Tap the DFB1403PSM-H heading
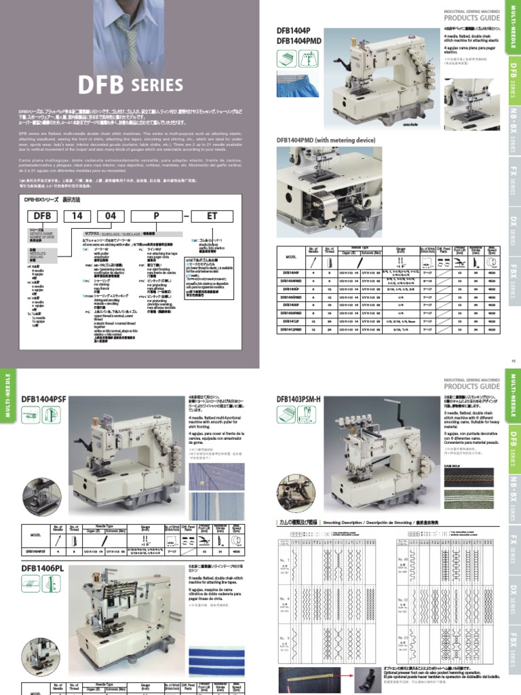[x=306, y=400]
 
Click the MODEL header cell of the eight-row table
[x=291, y=257]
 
